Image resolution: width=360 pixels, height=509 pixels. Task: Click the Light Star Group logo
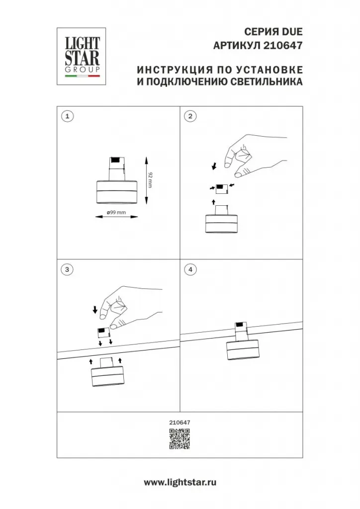pyautogui.click(x=81, y=56)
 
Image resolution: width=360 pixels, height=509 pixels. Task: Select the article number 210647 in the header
pyautogui.click(x=282, y=45)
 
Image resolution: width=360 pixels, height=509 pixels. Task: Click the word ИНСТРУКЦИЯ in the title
pyautogui.click(x=174, y=70)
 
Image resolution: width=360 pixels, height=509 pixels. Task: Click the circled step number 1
pyautogui.click(x=67, y=116)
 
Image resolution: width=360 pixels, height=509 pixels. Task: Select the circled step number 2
pyautogui.click(x=190, y=116)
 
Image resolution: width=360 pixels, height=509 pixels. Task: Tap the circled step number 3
pyautogui.click(x=67, y=269)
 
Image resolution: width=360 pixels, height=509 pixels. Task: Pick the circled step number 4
pyautogui.click(x=190, y=269)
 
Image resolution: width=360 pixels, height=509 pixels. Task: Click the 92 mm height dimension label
pyautogui.click(x=150, y=180)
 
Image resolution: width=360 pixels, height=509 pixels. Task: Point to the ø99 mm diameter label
pyautogui.click(x=116, y=213)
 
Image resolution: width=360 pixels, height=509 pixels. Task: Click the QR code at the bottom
pyautogui.click(x=180, y=439)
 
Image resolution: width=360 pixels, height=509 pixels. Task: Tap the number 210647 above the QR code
pyautogui.click(x=180, y=423)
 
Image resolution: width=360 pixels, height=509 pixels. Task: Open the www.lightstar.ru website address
pyautogui.click(x=180, y=482)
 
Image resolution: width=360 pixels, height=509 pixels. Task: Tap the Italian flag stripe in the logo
pyautogui.click(x=83, y=76)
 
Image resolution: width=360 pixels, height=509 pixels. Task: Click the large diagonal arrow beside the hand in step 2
pyautogui.click(x=214, y=167)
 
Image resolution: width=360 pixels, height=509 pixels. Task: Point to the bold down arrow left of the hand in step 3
pyautogui.click(x=95, y=310)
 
